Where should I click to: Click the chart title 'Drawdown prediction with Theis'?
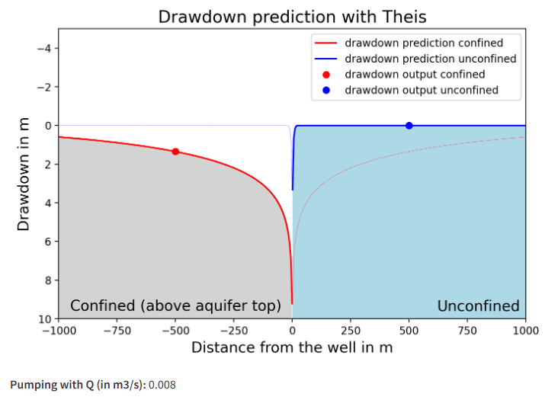[x=292, y=17]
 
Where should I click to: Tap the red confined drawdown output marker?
[x=175, y=152]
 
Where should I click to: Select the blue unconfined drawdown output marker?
[x=409, y=126]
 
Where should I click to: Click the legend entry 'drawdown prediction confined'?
[x=423, y=43]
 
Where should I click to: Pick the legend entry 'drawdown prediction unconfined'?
[x=430, y=59]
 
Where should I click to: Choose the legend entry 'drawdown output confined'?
[x=414, y=75]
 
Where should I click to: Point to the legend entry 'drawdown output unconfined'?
[x=421, y=90]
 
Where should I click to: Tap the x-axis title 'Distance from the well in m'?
[x=292, y=347]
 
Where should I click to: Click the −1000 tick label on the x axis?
[x=58, y=330]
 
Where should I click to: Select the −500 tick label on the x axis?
[x=175, y=330]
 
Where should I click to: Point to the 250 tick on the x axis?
[x=351, y=330]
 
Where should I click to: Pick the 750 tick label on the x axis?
[x=467, y=330]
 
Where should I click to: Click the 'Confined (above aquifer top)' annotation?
[x=175, y=306]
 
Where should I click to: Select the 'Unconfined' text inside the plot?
[x=478, y=306]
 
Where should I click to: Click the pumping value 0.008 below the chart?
[x=162, y=385]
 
